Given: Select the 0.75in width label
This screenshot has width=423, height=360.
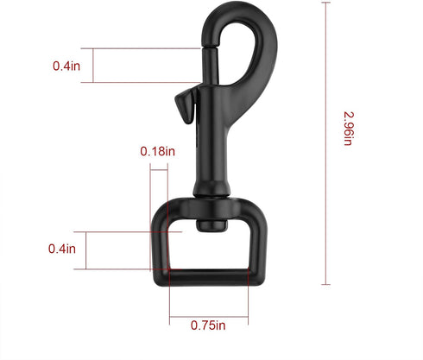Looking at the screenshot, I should [208, 325].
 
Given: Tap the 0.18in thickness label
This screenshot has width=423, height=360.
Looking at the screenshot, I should [157, 151].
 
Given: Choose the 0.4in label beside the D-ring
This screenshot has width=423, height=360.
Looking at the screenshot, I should [62, 249].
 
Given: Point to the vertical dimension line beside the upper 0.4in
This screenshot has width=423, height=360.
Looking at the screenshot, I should [92, 65].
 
